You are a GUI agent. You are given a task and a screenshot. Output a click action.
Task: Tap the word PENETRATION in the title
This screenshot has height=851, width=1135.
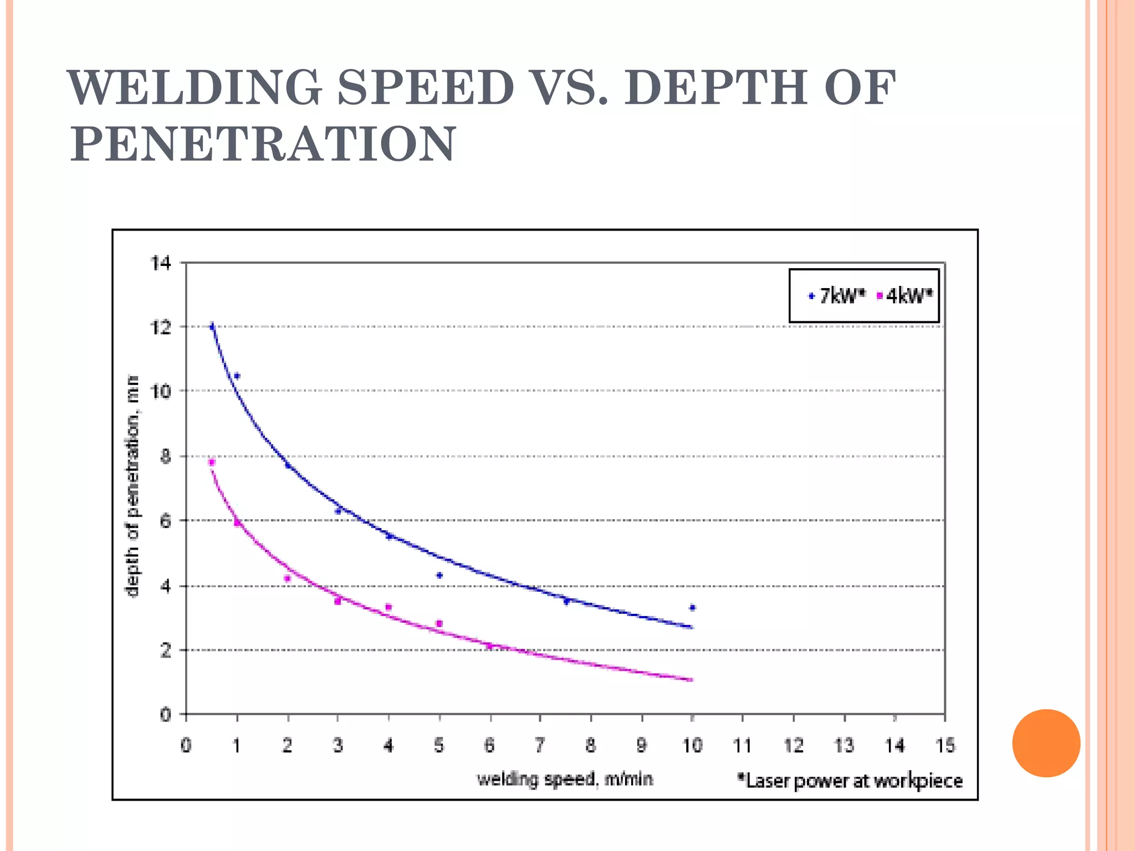[263, 144]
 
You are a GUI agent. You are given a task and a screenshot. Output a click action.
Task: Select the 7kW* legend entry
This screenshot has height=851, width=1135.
[836, 296]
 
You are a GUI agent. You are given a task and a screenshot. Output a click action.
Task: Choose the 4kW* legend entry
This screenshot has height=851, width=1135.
[904, 296]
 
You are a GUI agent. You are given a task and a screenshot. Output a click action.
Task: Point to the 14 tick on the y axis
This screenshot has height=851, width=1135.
[161, 263]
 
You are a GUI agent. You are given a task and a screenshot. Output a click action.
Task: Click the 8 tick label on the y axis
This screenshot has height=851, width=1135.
[165, 457]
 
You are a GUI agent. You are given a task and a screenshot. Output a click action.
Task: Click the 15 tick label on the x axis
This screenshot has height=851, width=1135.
[945, 746]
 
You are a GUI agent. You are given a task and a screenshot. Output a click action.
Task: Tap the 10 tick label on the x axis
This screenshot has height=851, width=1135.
[692, 746]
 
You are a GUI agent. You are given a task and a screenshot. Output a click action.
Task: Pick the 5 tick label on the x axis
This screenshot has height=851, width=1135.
[439, 746]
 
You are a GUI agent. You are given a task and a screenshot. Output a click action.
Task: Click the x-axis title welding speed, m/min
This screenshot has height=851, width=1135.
[565, 780]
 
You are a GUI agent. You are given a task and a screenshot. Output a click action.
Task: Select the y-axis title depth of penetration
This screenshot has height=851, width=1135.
[132, 486]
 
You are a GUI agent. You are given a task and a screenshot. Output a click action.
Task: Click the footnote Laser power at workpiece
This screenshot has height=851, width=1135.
[850, 781]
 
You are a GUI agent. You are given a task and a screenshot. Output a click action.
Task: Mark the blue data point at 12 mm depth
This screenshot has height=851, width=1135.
[212, 327]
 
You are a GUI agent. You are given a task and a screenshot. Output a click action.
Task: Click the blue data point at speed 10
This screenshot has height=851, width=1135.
[692, 608]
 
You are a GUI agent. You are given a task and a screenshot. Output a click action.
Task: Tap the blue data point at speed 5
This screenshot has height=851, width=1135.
[439, 576]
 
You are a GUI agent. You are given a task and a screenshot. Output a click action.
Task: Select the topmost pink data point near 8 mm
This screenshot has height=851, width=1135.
[211, 462]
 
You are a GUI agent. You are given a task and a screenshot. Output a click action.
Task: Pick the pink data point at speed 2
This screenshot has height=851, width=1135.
[287, 578]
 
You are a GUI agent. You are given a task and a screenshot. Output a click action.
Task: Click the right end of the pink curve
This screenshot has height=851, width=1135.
[691, 679]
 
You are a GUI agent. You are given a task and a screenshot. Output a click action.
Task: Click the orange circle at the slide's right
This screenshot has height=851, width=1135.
[1046, 743]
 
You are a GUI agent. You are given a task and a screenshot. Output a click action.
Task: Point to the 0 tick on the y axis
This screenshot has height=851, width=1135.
[165, 715]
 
